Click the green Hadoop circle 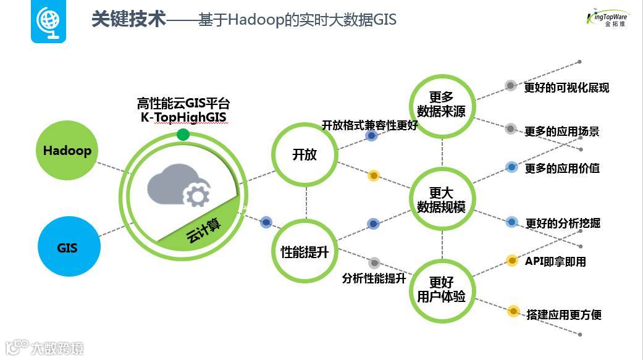[x=67, y=151]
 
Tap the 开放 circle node [x=305, y=154]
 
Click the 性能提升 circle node [x=305, y=251]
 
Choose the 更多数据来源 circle [x=442, y=104]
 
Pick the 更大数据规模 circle [x=442, y=200]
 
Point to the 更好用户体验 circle [x=442, y=289]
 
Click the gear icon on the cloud [x=197, y=196]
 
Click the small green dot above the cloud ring [x=183, y=135]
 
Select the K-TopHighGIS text [x=183, y=117]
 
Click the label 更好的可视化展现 [x=566, y=88]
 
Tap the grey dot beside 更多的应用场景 [x=510, y=129]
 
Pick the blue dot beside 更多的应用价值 [x=511, y=167]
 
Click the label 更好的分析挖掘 [x=563, y=223]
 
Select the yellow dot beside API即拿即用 [x=511, y=261]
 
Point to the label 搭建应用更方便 [x=563, y=314]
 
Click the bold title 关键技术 [x=128, y=19]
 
